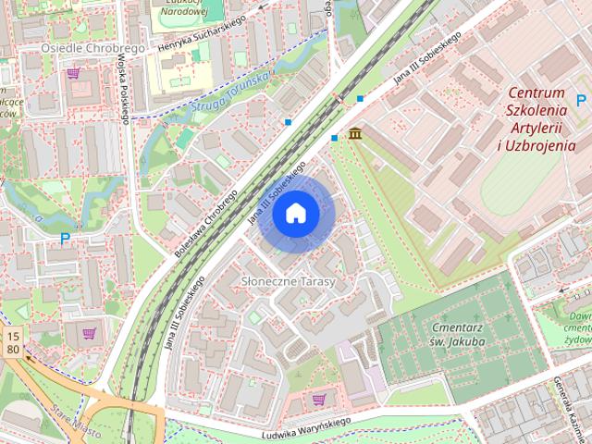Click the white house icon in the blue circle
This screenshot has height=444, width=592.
[296, 214]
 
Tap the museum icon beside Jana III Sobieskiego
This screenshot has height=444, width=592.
[355, 134]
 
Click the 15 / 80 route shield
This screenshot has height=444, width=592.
[12, 342]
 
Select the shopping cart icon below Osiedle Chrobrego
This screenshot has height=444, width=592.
[73, 71]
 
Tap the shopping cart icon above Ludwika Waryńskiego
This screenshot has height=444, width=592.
[319, 400]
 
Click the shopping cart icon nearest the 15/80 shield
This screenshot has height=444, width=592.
[90, 333]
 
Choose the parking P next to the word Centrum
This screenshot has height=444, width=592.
[582, 100]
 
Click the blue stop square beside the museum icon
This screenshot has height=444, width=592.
[335, 138]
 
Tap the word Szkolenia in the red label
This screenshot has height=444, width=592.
[536, 110]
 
